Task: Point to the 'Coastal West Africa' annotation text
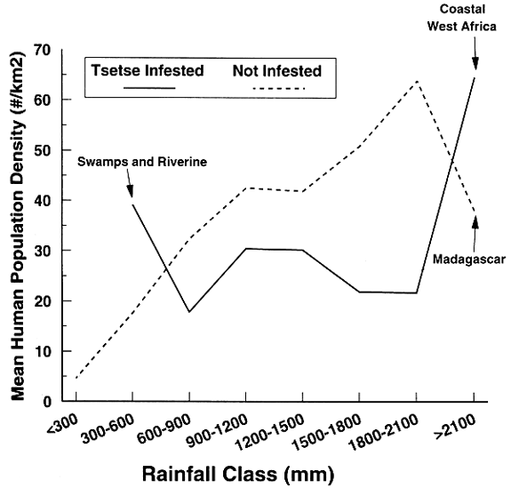point(474,17)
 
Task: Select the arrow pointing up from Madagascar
point(475,233)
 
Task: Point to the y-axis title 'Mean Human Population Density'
point(15,222)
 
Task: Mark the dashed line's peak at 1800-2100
point(417,81)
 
